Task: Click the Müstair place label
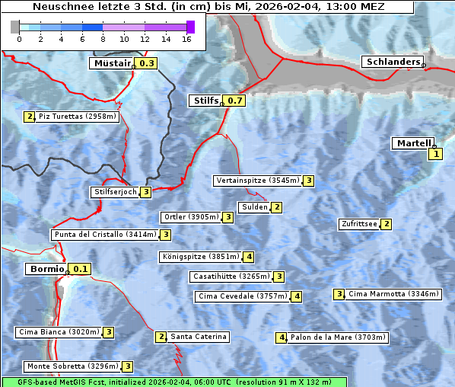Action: (x=112, y=64)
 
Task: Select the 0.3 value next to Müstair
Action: (x=146, y=64)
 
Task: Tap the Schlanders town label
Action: (x=393, y=62)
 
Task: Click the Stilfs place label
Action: (x=204, y=101)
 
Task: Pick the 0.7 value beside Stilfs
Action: (x=235, y=101)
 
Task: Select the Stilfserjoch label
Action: (x=115, y=192)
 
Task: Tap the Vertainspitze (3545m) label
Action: (x=257, y=181)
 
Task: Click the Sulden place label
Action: (x=254, y=207)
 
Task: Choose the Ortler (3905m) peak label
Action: (x=189, y=217)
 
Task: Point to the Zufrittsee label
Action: (x=359, y=224)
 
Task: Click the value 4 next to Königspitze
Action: (x=249, y=257)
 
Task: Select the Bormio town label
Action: (x=46, y=269)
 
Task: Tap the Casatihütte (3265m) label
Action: (x=231, y=276)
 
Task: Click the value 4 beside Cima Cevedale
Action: (x=297, y=296)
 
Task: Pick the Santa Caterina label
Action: (x=198, y=337)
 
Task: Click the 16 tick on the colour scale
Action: (x=186, y=38)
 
